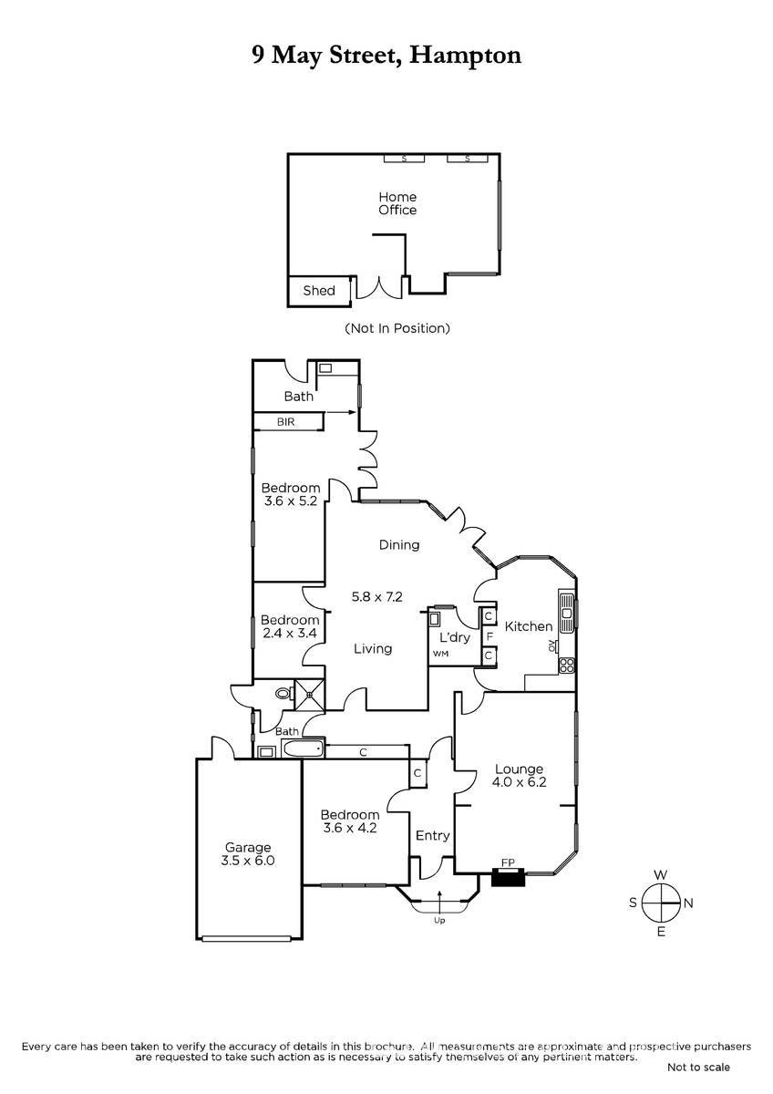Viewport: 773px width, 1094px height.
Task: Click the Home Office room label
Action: tap(397, 203)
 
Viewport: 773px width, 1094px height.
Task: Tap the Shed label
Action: tap(319, 291)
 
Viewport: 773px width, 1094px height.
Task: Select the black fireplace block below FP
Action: tap(508, 877)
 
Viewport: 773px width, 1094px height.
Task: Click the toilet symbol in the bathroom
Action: tap(283, 693)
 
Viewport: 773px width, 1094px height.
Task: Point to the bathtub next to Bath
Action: tap(303, 748)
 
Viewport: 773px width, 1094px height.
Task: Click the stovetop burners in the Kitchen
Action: tap(567, 665)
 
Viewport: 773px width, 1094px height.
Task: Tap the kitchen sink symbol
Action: tap(567, 613)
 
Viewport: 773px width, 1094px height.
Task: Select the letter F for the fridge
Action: tap(490, 637)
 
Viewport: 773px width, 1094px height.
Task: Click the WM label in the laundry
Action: tap(440, 654)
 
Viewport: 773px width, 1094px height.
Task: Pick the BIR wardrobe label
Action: tap(285, 421)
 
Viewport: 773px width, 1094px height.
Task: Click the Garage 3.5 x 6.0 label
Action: tap(248, 853)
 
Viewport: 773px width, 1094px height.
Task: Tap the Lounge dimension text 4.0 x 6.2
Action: tap(519, 782)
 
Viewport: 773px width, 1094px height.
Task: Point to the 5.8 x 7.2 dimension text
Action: tap(377, 596)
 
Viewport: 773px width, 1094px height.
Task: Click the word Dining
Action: tap(399, 544)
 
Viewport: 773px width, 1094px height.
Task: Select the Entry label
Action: tap(432, 836)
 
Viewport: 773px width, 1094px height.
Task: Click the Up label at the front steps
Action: tap(439, 921)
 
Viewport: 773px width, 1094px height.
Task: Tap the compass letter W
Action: tap(660, 874)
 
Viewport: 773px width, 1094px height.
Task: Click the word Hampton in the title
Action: tap(466, 57)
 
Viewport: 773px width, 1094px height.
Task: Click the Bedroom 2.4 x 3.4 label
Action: tap(290, 626)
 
